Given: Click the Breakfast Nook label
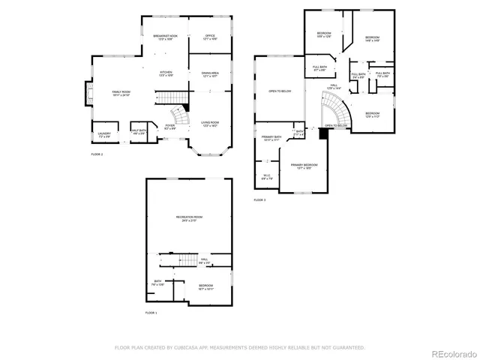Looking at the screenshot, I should (x=165, y=37).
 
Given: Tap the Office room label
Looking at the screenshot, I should (x=210, y=37).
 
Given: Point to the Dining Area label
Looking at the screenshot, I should (x=210, y=74).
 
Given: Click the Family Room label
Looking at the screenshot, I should (x=121, y=93).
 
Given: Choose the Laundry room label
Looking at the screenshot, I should (x=104, y=136).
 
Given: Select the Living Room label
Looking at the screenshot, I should (x=210, y=124).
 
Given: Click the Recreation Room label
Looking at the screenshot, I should (x=190, y=218).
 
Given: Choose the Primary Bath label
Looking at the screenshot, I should (x=271, y=138).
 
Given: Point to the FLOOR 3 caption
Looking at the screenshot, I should (x=259, y=200).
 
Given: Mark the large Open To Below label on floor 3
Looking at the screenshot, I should (x=280, y=91).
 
